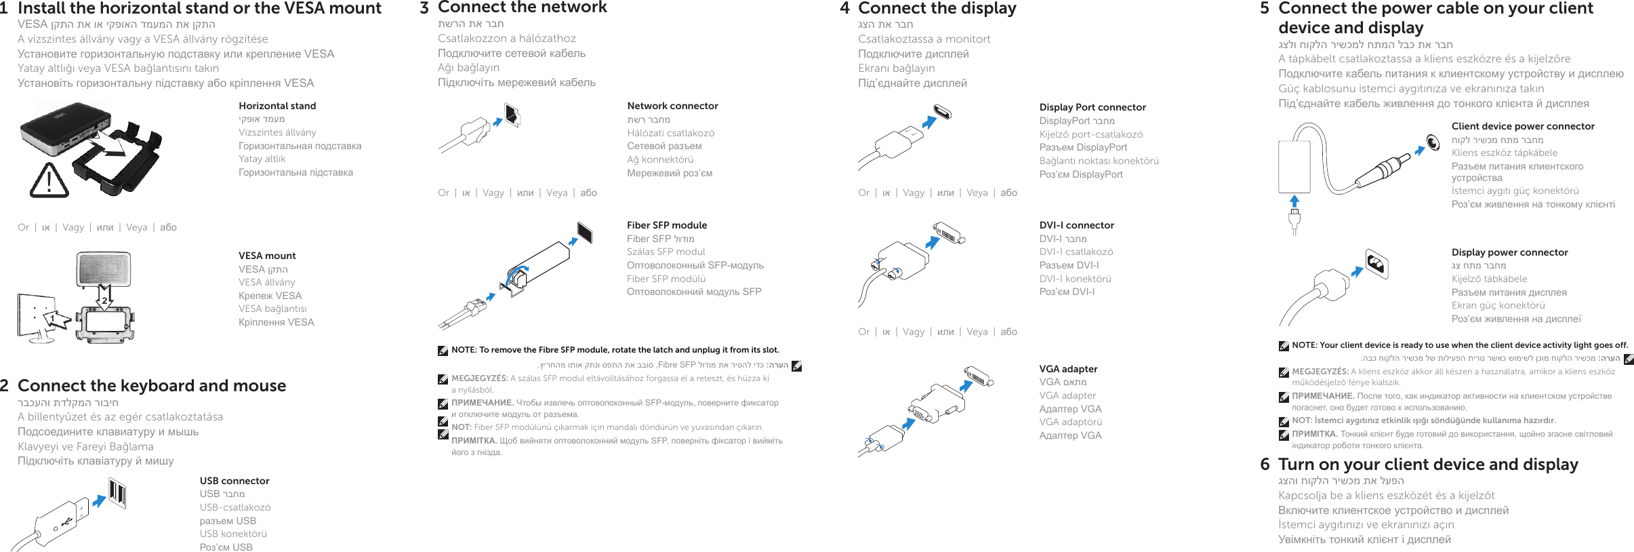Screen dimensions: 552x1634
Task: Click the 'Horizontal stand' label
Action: pos(277,106)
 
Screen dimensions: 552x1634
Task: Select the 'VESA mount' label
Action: pos(267,256)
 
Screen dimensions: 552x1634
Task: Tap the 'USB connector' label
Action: pos(234,481)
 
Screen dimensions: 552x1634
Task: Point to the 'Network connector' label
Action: pos(672,106)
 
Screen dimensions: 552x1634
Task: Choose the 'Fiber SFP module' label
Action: pos(667,225)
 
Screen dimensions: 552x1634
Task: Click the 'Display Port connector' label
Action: pos(1092,107)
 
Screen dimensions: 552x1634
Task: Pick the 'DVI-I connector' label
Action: pos(1077,225)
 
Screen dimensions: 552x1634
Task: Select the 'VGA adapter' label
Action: pos(1068,369)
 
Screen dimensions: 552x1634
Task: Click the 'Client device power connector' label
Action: pos(1523,126)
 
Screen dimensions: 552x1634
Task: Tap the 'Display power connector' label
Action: pos(1509,252)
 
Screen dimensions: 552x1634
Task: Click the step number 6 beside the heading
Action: pos(1265,465)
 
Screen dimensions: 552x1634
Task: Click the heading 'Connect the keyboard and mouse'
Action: pos(152,386)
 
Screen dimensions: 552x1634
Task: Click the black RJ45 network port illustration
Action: pos(512,115)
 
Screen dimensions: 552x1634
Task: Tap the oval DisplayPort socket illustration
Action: pos(942,112)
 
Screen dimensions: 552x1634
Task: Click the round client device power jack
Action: pos(1433,142)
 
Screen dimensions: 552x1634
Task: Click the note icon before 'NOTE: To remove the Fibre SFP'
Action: pos(443,351)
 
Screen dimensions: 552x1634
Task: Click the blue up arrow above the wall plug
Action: pos(1294,201)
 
